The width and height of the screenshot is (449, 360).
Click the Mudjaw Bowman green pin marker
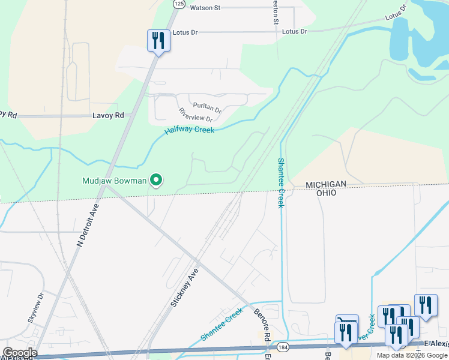pos(156,180)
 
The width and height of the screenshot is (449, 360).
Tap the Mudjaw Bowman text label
pos(115,180)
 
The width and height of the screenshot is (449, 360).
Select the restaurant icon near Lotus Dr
pos(158,41)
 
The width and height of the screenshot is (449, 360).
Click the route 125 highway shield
pos(179,4)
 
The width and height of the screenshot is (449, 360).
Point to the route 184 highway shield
pos(283,347)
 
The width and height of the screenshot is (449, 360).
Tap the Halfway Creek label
pos(190,130)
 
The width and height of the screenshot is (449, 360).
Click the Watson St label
pos(205,8)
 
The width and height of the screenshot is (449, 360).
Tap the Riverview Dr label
pos(196,115)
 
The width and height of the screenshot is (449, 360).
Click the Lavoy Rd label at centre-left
pos(108,115)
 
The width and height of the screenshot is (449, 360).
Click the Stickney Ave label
pos(184,287)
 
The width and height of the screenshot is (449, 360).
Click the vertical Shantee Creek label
pos(280,184)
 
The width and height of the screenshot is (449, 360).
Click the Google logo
pos(19,353)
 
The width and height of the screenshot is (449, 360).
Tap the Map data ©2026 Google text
pos(412,355)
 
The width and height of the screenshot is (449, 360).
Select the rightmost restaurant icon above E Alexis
pos(426,305)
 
